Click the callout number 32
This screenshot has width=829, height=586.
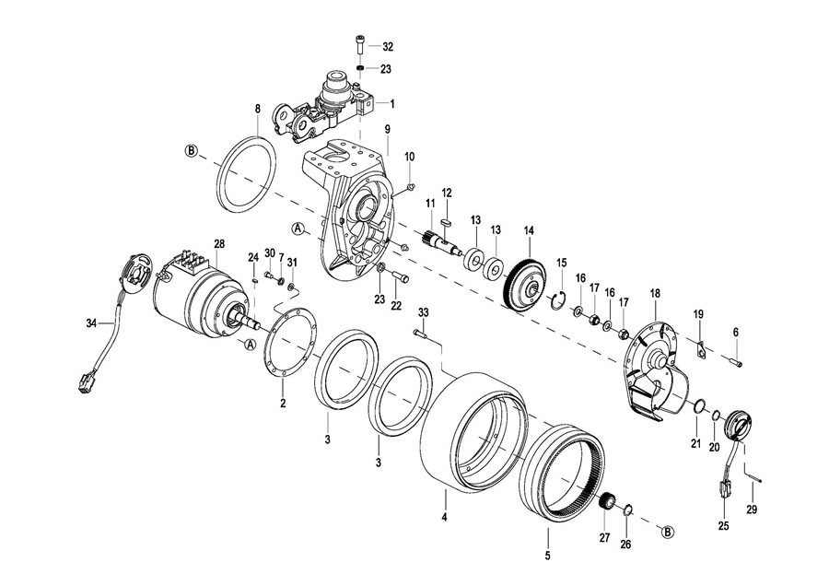tap(388, 47)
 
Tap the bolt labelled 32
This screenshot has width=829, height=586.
tap(359, 45)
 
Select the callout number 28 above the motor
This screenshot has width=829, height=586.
tap(219, 244)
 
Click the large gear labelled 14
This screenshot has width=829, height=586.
tap(524, 284)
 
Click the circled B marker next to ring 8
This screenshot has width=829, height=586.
tap(191, 151)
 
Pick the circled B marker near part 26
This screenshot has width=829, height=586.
tap(669, 532)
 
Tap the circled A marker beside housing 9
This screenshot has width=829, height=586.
tap(298, 229)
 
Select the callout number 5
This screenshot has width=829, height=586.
tap(548, 556)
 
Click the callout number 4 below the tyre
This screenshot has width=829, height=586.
tap(445, 517)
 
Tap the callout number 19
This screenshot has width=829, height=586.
tap(698, 314)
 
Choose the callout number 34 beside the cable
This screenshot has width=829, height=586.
tap(91, 322)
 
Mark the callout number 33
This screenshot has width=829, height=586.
tap(423, 312)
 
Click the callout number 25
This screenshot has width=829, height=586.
tap(723, 526)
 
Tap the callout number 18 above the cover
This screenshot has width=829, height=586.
tap(656, 293)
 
